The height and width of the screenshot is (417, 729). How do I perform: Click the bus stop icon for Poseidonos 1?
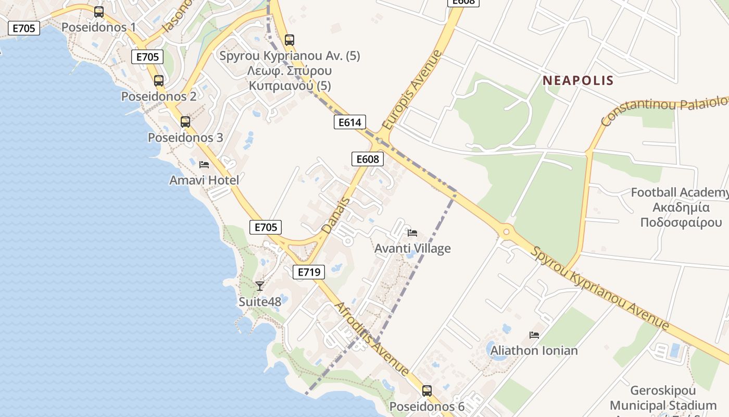click(99, 11)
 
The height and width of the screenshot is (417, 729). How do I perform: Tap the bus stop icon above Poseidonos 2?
click(159, 81)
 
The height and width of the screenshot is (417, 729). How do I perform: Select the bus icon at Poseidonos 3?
click(185, 122)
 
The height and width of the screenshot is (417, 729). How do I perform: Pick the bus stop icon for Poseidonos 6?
click(427, 390)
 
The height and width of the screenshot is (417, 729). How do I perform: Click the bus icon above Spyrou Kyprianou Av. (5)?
click(290, 40)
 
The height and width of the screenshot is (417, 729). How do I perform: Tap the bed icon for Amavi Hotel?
click(204, 165)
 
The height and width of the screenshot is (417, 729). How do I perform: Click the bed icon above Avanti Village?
click(412, 232)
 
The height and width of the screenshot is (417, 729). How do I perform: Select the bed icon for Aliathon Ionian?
click(534, 335)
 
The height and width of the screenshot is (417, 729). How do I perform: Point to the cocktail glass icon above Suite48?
click(260, 286)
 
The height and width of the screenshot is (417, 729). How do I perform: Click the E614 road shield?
click(349, 122)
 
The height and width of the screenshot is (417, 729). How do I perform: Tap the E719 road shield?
click(309, 272)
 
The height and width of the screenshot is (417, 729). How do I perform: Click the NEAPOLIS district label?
click(578, 81)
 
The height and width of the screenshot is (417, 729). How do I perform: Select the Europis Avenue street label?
click(411, 90)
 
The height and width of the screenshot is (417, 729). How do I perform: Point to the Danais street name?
click(336, 215)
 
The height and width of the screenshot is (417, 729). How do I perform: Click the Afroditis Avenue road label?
click(372, 339)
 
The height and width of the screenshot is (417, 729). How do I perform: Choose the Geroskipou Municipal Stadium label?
click(663, 398)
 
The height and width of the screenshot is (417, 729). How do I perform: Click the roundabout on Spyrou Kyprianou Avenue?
click(506, 231)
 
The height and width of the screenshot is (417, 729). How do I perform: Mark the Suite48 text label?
click(260, 302)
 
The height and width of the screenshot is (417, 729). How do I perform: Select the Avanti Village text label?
click(412, 249)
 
